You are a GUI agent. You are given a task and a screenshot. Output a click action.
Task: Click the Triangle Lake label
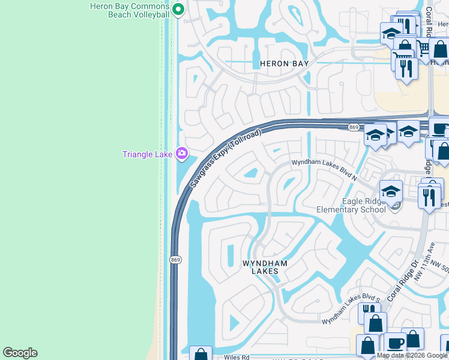148,154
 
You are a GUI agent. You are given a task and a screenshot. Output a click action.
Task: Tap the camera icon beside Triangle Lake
182,154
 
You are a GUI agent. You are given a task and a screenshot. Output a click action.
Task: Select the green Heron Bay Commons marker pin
178,9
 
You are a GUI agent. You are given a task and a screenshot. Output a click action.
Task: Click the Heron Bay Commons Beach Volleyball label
129,10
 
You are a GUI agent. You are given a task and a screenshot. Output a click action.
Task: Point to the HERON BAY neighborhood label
284,64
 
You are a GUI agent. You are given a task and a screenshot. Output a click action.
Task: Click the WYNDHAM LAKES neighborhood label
265,267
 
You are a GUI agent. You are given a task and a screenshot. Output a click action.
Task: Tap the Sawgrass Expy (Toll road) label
226,157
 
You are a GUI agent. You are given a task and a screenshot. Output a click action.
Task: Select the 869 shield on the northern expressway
354,127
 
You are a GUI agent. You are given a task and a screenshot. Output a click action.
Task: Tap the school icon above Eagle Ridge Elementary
391,192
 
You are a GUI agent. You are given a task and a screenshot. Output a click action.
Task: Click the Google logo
20,353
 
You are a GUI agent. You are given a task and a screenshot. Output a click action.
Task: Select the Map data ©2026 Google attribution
412,355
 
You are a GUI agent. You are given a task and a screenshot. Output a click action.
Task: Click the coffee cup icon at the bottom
395,343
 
